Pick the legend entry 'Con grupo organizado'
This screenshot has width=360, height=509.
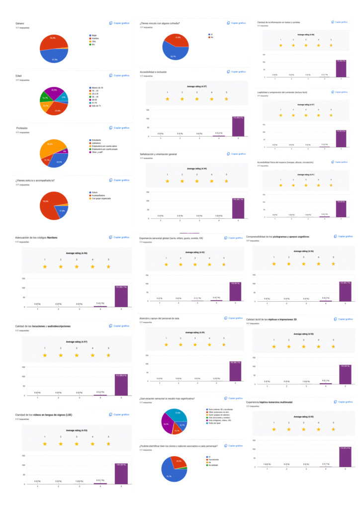(100, 198)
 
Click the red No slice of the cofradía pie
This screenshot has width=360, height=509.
(174, 41)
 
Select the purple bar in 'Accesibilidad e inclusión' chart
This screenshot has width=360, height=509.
(238, 126)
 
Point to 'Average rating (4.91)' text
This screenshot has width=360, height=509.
(305, 175)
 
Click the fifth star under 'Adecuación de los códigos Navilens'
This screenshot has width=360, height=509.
(108, 267)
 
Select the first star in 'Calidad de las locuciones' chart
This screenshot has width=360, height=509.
(45, 355)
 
